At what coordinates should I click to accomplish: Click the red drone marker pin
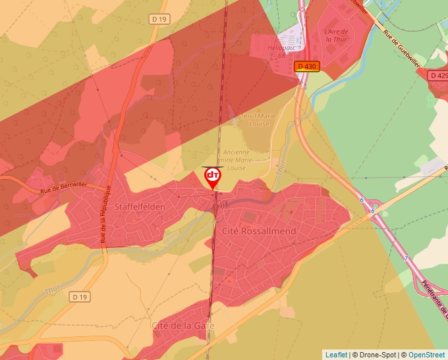[213, 177]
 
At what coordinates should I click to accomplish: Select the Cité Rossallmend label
[259, 231]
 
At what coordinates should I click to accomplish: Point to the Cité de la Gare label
[183, 325]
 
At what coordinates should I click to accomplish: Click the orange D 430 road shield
[306, 66]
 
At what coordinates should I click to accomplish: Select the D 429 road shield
[439, 76]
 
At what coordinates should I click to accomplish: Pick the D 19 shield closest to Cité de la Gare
[80, 297]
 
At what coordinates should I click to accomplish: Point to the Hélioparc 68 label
[281, 51]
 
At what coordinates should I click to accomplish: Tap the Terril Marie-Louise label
[259, 120]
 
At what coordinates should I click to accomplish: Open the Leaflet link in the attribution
[336, 355]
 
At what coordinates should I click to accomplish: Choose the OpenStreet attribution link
[426, 355]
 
